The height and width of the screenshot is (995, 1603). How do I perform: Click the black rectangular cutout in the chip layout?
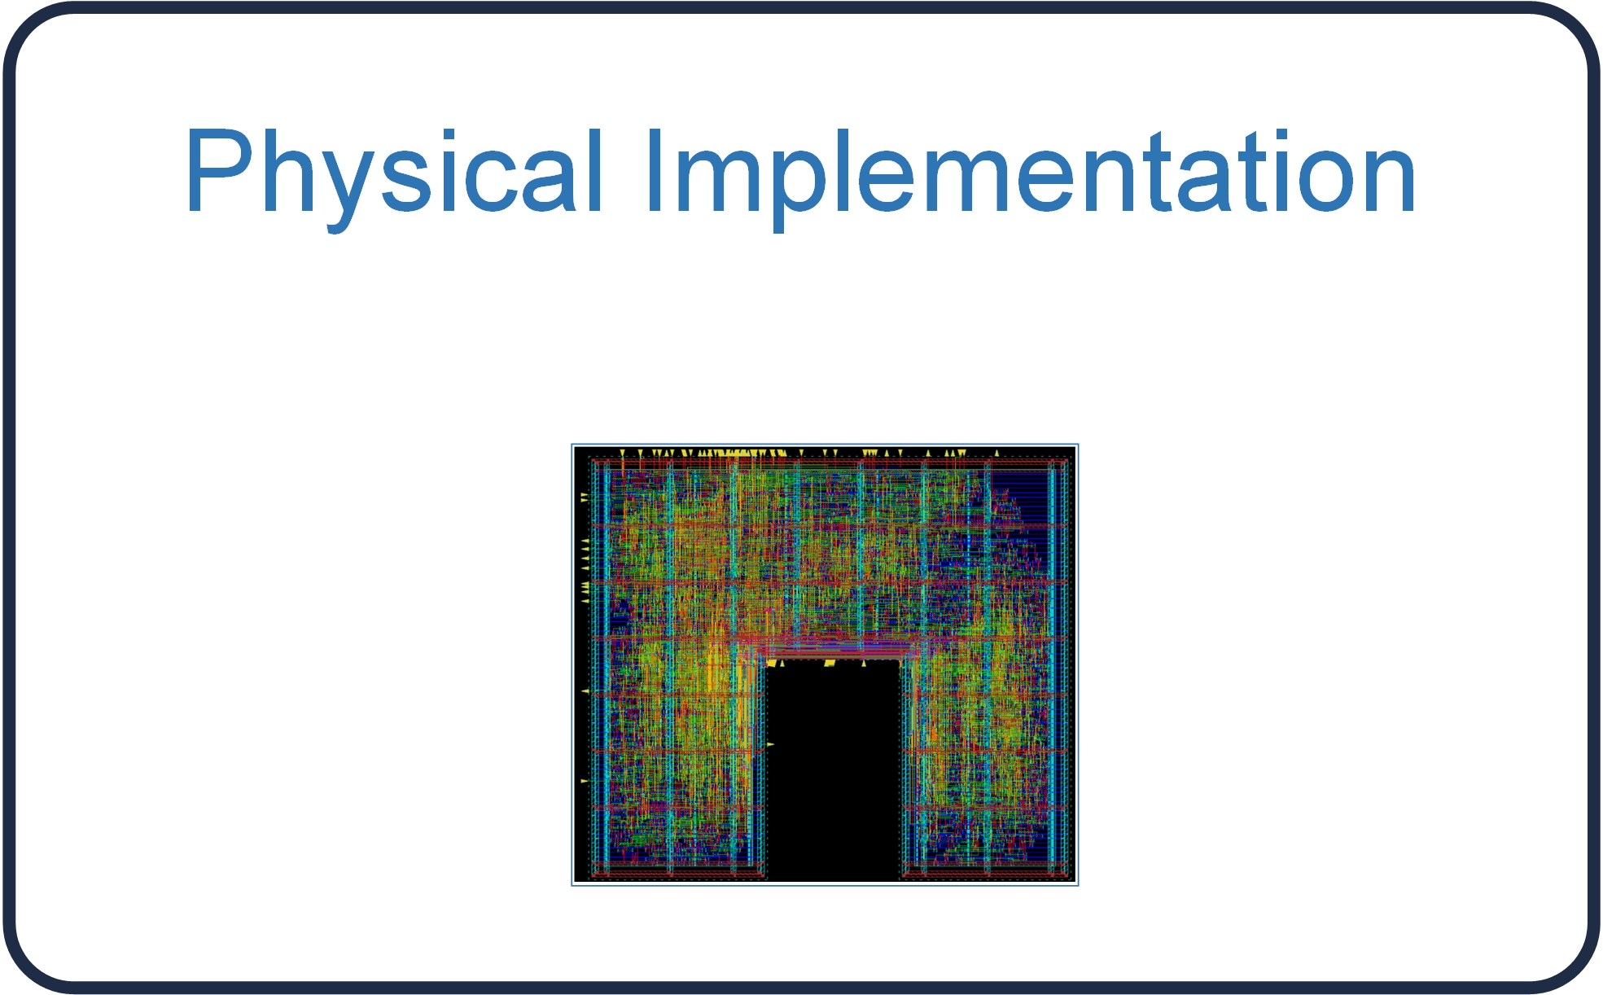[x=833, y=769]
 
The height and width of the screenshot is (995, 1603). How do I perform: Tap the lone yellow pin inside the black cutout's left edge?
[x=770, y=744]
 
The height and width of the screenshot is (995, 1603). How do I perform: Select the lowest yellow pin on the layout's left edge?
[x=584, y=781]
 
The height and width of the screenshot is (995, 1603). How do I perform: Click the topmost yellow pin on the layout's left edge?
[x=584, y=496]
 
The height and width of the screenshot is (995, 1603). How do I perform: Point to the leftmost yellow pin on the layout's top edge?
[x=623, y=453]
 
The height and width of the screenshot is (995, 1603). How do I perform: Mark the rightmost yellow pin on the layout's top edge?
[x=996, y=453]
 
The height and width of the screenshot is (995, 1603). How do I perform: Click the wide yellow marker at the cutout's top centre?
[x=830, y=664]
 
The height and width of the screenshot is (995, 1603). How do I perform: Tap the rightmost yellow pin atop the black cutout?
[x=864, y=663]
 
